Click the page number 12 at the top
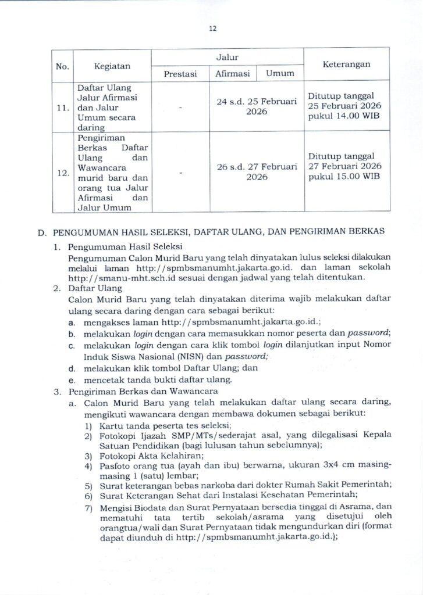pyautogui.click(x=212, y=27)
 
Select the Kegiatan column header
pyautogui.click(x=113, y=66)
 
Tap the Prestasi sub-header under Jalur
pyautogui.click(x=180, y=74)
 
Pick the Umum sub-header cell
pyautogui.click(x=280, y=74)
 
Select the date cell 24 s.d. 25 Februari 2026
pyautogui.click(x=257, y=106)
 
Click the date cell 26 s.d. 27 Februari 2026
pyautogui.click(x=257, y=171)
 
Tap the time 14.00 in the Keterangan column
pyautogui.click(x=344, y=117)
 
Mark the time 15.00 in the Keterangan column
pyautogui.click(x=344, y=177)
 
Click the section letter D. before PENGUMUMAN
pyautogui.click(x=41, y=232)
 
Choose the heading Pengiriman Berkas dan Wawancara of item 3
pyautogui.click(x=143, y=391)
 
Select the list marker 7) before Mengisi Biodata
pyautogui.click(x=89, y=508)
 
